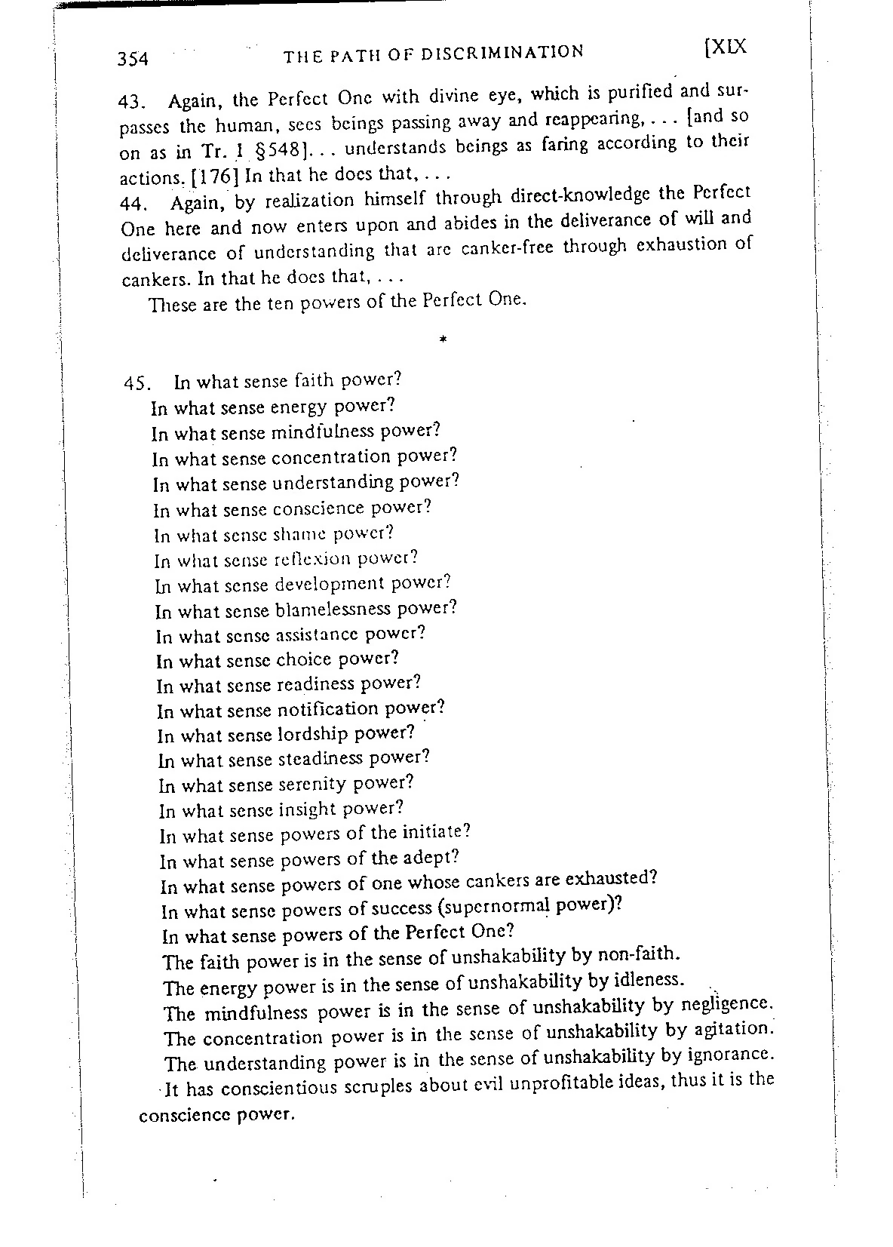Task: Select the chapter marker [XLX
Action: (724, 47)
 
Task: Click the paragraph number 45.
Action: (139, 382)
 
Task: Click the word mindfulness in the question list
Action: (322, 432)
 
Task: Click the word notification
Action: (328, 709)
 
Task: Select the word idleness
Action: (648, 980)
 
